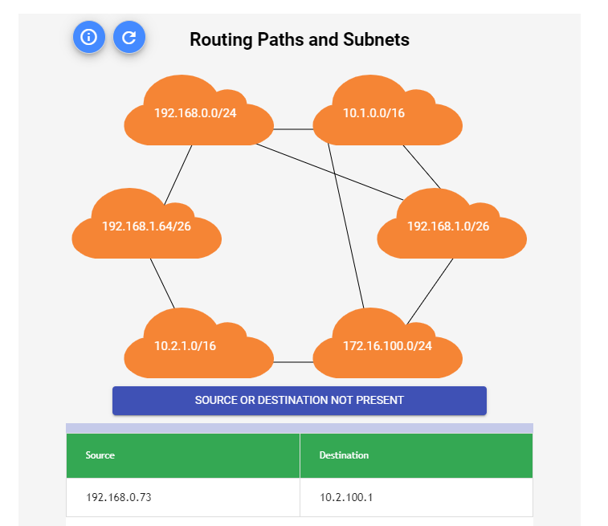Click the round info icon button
(x=89, y=37)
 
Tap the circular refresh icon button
(x=129, y=37)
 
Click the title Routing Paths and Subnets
(x=299, y=39)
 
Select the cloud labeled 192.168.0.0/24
(x=195, y=113)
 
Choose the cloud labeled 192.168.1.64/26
(x=146, y=226)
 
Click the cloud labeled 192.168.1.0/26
(x=451, y=226)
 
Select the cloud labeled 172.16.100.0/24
(x=387, y=347)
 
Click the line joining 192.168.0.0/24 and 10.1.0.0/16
(x=293, y=128)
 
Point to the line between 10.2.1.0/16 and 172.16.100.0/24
(x=293, y=362)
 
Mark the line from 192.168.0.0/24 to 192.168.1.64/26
(x=178, y=173)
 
